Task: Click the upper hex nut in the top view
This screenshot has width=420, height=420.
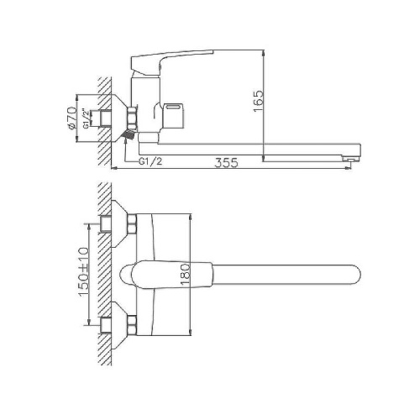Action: (132, 225)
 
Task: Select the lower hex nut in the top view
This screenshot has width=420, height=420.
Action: (132, 322)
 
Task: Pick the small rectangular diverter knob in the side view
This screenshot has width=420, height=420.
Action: (179, 108)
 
